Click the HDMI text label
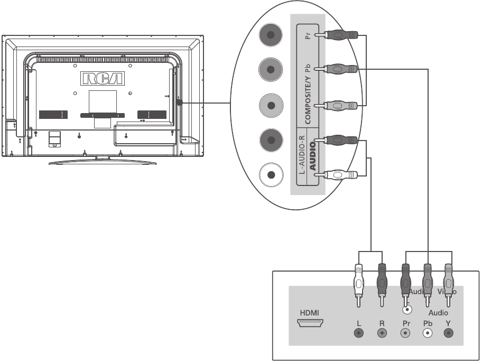[309, 312]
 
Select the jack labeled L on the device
[359, 333]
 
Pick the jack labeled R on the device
[382, 333]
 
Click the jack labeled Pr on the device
[405, 333]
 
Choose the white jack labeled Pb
[427, 333]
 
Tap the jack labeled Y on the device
[449, 333]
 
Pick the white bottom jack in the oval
[271, 175]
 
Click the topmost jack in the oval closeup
[271, 36]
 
